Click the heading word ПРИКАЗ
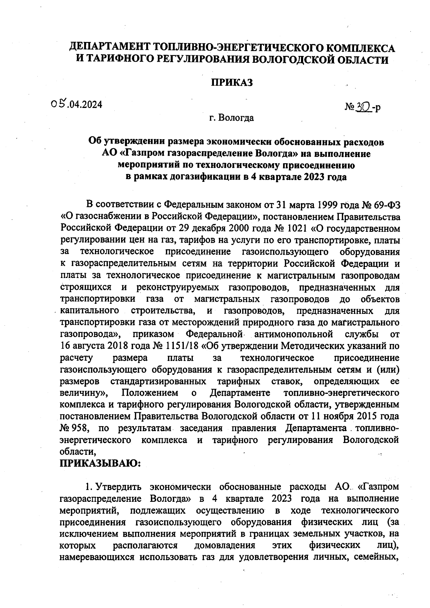click(231, 83)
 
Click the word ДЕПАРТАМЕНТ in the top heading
click(110, 47)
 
